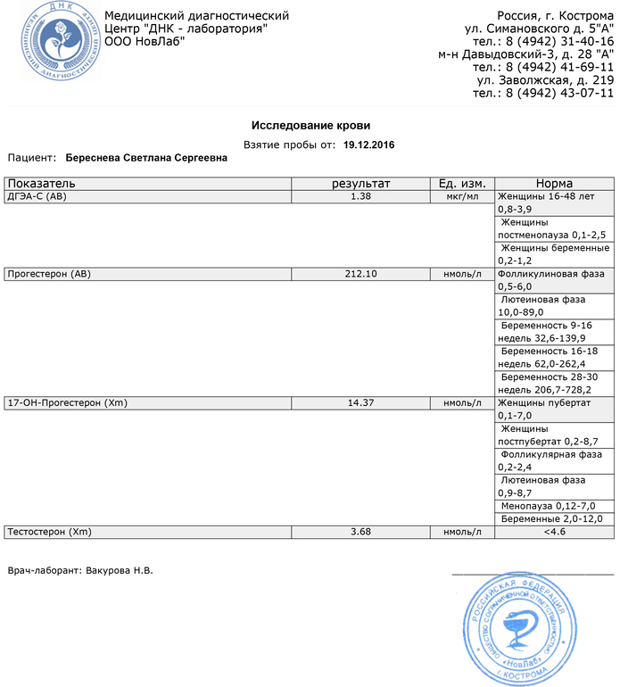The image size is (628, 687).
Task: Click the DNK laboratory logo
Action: (x=52, y=39)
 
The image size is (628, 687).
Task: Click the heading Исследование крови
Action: (x=310, y=126)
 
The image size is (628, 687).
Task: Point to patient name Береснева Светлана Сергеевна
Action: (x=146, y=158)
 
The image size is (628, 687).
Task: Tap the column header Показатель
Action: (x=35, y=183)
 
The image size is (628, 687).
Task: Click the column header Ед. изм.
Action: (x=460, y=183)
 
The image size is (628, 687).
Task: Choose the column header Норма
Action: (x=554, y=183)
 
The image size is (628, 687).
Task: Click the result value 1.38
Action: (x=361, y=195)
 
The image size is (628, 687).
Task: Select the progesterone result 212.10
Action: (x=361, y=274)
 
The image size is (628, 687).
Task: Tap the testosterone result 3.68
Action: (x=361, y=533)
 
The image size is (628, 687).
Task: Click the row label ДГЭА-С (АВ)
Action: (x=37, y=195)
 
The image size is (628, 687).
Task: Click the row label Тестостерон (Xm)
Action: (x=49, y=533)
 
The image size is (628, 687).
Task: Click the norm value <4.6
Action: (x=554, y=533)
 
